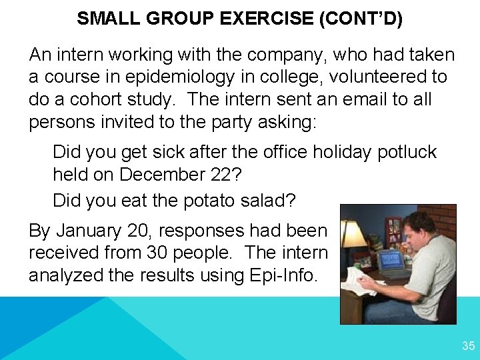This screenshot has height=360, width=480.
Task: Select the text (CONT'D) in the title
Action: (x=361, y=18)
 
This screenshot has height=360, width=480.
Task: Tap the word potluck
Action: (x=407, y=151)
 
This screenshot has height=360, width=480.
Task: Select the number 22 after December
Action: (x=229, y=175)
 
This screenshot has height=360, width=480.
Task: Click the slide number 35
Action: (x=468, y=346)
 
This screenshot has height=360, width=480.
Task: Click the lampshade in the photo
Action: (x=353, y=234)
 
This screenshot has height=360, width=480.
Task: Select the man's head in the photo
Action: (x=421, y=228)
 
